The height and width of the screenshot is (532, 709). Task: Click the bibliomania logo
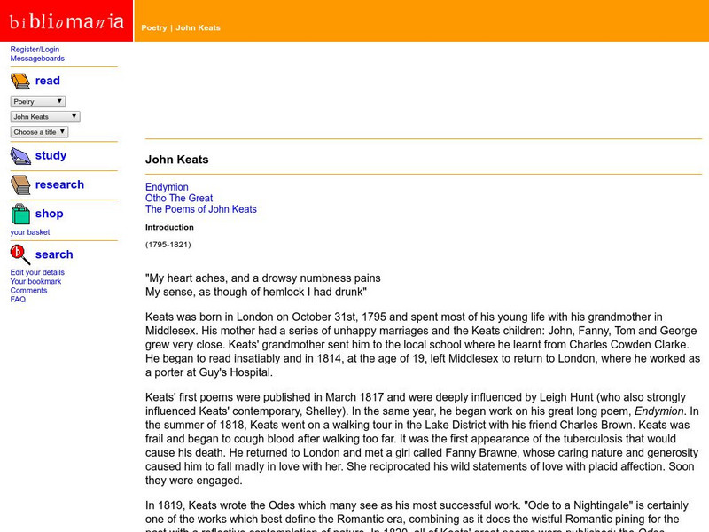[x=66, y=20]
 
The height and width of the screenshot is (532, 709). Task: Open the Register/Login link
[x=35, y=50]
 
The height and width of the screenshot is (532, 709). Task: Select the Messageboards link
[x=37, y=59]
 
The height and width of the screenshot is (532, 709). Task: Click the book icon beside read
[x=20, y=82]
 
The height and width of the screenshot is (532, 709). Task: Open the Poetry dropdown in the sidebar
[x=38, y=101]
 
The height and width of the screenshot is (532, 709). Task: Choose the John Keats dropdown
[x=45, y=116]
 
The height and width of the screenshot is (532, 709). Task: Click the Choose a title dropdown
[x=39, y=132]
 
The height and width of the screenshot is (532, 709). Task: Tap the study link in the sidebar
[x=51, y=155]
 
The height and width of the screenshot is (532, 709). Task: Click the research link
[x=59, y=184]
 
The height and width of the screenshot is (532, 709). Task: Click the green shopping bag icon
[x=20, y=215]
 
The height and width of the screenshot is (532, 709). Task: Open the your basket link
[x=30, y=232]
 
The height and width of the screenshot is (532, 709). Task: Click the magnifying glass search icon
[x=20, y=255]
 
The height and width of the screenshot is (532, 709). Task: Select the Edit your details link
[x=37, y=272]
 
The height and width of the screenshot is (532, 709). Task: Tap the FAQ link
[x=18, y=300]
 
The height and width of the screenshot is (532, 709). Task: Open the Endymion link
[x=167, y=187]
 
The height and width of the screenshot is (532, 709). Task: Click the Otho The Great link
[x=179, y=199]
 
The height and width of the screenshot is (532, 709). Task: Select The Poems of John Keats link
[x=201, y=209]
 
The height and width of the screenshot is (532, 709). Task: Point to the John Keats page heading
[x=177, y=160]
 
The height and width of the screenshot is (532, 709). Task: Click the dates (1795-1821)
[x=168, y=244]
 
